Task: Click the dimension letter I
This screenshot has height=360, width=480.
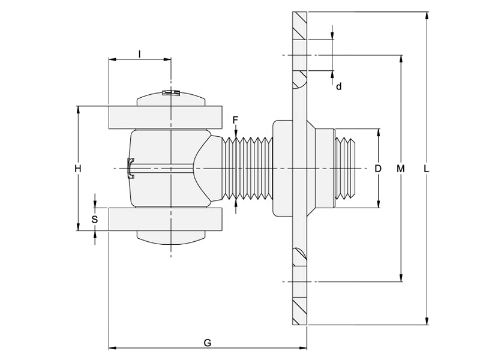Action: click(139, 54)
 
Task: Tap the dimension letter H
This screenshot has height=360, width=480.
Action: click(77, 169)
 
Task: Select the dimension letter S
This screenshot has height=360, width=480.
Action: click(94, 220)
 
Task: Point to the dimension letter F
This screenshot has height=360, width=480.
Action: click(236, 120)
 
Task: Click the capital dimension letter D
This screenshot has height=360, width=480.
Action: click(378, 169)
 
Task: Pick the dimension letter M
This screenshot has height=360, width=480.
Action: click(401, 169)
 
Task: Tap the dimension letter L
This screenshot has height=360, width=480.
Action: click(426, 169)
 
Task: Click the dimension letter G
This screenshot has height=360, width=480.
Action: click(208, 343)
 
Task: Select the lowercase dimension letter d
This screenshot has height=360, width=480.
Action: click(339, 86)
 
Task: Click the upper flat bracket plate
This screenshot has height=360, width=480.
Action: click(165, 116)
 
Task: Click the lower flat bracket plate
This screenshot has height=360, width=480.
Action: click(165, 219)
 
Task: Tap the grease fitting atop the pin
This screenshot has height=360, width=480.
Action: click(172, 92)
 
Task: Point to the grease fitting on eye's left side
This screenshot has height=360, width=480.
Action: click(130, 168)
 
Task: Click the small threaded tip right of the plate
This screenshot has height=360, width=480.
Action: click(345, 168)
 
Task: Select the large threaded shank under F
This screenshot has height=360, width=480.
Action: click(247, 169)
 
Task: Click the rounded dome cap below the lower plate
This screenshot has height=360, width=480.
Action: click(172, 238)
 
